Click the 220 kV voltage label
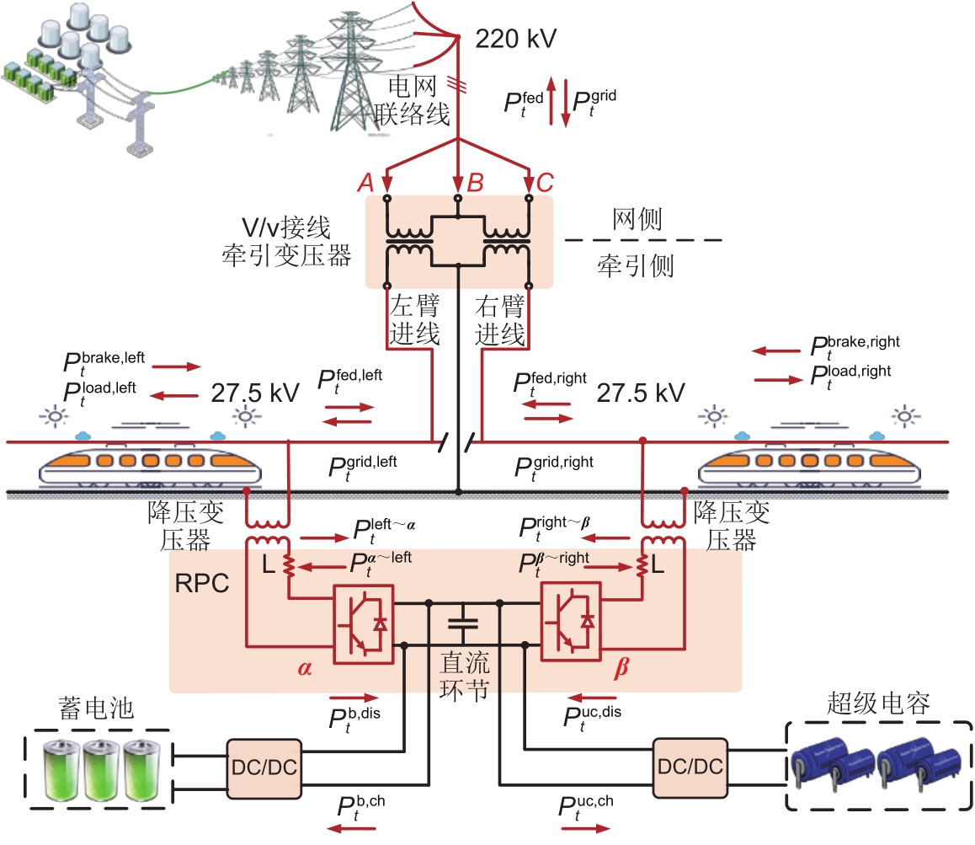(x=516, y=39)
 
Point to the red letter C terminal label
(x=545, y=183)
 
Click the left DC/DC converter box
(x=264, y=767)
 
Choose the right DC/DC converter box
(x=689, y=767)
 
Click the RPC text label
(x=203, y=584)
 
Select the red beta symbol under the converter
(x=621, y=669)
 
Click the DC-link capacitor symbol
(x=462, y=623)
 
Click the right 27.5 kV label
(x=640, y=393)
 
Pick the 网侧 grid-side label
(x=637, y=220)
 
